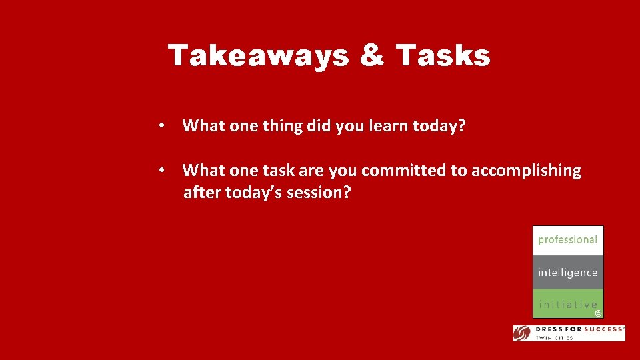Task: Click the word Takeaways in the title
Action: tap(258, 56)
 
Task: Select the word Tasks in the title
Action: tap(443, 56)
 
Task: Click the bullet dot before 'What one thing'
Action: tap(161, 126)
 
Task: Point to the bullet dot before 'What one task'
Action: tap(161, 171)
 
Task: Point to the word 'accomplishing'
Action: tap(526, 171)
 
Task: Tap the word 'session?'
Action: tap(319, 193)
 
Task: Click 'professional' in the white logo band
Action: tap(567, 239)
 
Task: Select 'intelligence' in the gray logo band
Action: tap(567, 272)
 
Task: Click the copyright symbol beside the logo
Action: tap(598, 313)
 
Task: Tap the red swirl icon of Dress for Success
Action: tap(522, 333)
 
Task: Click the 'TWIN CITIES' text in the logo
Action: tap(556, 338)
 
